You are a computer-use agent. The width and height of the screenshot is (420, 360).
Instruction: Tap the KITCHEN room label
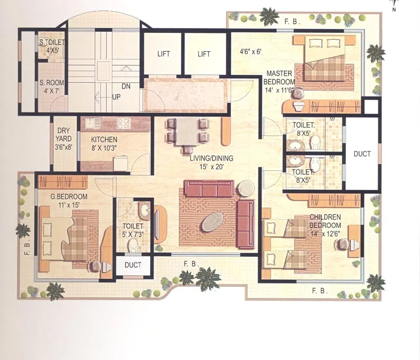(104, 140)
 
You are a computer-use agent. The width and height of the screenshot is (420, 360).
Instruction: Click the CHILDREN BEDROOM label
(325, 221)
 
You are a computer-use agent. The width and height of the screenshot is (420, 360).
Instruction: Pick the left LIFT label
(164, 54)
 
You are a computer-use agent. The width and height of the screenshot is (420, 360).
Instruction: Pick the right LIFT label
(204, 54)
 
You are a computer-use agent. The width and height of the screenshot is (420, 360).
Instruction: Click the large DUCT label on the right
(362, 154)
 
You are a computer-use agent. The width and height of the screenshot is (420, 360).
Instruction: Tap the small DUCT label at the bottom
(132, 265)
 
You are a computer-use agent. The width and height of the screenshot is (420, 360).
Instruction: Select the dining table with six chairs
(187, 132)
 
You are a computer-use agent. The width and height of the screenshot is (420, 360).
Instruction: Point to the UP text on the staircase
(116, 97)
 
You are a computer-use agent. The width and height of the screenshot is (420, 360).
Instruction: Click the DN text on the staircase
(125, 86)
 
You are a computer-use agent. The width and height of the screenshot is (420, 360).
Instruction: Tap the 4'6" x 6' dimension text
(250, 52)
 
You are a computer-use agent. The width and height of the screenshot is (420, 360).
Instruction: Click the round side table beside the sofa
(246, 188)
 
